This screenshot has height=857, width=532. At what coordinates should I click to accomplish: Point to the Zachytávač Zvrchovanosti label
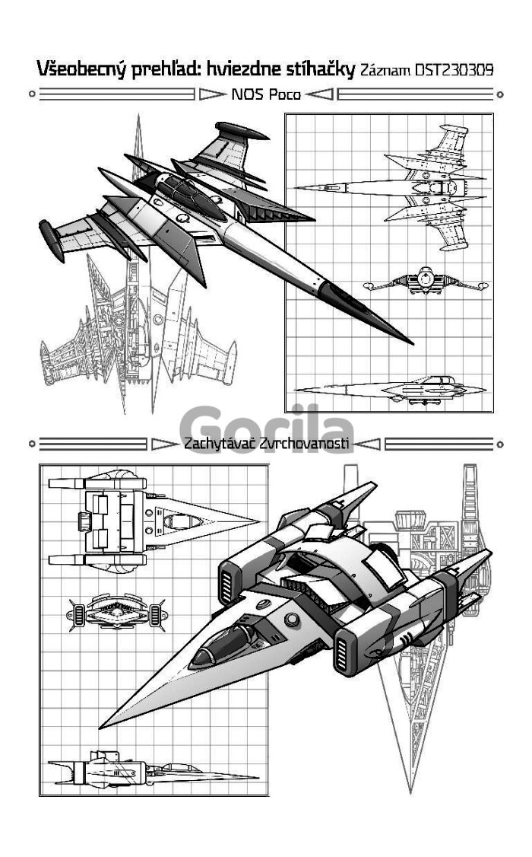coord(266,443)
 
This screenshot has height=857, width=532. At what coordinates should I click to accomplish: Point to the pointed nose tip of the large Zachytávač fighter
coord(103,725)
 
